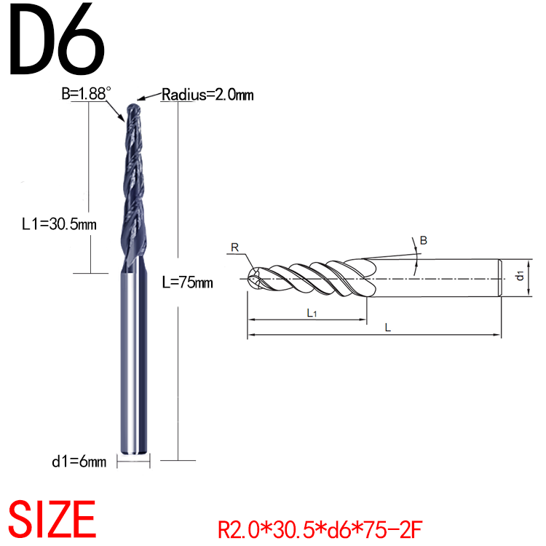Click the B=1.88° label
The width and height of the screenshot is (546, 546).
(87, 93)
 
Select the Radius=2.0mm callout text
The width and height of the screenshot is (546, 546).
(207, 95)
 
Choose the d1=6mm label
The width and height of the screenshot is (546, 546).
(79, 461)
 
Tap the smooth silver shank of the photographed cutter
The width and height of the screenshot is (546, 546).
(134, 364)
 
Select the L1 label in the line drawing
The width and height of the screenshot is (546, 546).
(311, 313)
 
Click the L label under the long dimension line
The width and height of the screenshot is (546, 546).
(388, 328)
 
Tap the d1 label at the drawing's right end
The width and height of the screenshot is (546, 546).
(520, 275)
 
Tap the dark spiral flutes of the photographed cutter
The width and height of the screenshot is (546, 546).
(135, 182)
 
